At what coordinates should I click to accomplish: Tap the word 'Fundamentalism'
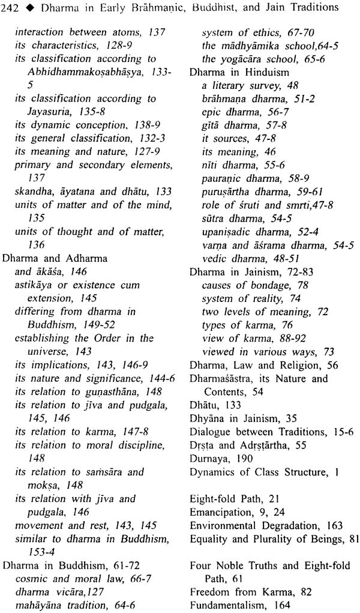226,601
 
